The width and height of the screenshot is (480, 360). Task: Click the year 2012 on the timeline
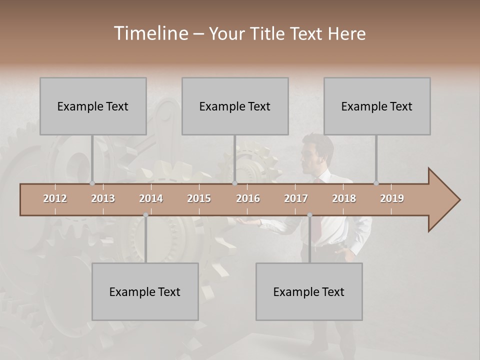pos(55,198)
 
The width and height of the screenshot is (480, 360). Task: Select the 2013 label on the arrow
pos(103,198)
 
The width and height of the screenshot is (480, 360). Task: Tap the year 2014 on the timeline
pos(151,198)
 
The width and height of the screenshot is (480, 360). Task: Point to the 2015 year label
pos(199,198)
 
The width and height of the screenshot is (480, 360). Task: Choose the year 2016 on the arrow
pos(248,198)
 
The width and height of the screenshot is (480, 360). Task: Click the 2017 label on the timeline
pos(296,198)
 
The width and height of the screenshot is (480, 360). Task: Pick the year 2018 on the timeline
pos(344,198)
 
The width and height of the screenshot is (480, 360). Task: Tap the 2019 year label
pos(392,198)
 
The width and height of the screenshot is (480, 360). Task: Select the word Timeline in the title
pos(150,33)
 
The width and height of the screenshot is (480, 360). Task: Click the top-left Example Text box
pos(93,106)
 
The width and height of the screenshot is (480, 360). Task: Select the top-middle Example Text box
pos(235,106)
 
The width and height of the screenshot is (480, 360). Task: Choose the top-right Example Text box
pos(377,106)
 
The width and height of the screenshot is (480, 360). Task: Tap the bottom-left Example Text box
pos(145,291)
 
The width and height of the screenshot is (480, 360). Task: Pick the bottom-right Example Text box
pos(309,291)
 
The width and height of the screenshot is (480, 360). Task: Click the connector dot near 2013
pos(92,183)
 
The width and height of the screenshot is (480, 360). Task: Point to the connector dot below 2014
pos(145,215)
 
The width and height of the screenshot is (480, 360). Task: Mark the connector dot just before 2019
pos(376,183)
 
